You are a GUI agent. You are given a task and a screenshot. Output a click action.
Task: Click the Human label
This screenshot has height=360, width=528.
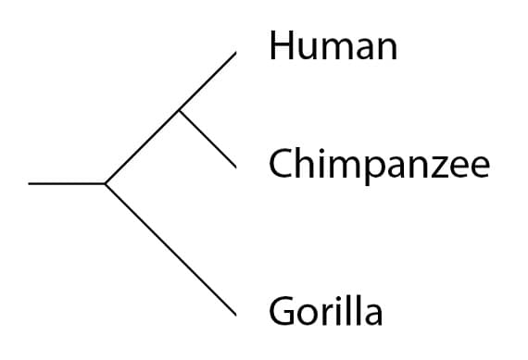pos(333,45)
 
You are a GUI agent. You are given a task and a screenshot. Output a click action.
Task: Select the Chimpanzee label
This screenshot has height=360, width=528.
pos(379,166)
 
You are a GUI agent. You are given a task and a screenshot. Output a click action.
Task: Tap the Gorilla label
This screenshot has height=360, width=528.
pos(325,310)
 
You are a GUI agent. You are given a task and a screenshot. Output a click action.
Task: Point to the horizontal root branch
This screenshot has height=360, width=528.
pos(67,183)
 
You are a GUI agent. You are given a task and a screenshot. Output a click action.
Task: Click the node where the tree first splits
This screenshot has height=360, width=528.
pos(106,183)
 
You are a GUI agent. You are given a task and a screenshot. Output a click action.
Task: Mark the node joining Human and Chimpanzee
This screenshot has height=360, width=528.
pos(179,110)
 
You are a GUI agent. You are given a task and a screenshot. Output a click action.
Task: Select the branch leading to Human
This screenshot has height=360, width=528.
pos(207,81)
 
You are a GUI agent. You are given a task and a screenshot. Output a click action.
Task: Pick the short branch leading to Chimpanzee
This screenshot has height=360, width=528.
pos(207,139)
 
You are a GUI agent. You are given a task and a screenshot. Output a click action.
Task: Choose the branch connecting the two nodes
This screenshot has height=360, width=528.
pos(142,147)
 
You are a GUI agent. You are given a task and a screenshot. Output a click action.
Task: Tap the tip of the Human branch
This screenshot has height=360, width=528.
pos(236,53)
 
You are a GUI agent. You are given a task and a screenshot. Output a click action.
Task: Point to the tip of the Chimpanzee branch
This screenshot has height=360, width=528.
pos(236,168)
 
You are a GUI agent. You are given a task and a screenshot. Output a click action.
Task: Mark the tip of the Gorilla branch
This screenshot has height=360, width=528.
pos(236,316)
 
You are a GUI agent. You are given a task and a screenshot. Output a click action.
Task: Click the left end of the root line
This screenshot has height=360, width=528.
pos(30,183)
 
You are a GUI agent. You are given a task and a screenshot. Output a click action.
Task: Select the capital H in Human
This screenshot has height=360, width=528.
pos(281,44)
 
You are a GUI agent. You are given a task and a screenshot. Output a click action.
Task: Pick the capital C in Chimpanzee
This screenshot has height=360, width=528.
pos(280,165)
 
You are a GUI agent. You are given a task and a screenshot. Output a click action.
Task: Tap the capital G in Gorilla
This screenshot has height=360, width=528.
pos(282,310)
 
